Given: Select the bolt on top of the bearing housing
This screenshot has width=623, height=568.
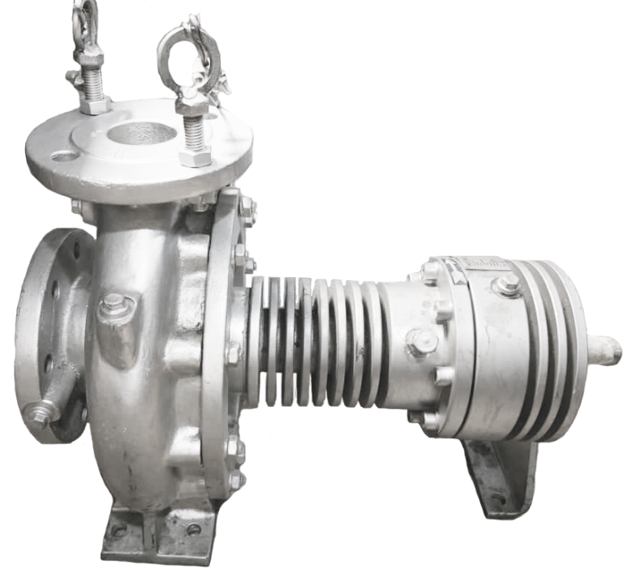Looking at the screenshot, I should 509,284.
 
